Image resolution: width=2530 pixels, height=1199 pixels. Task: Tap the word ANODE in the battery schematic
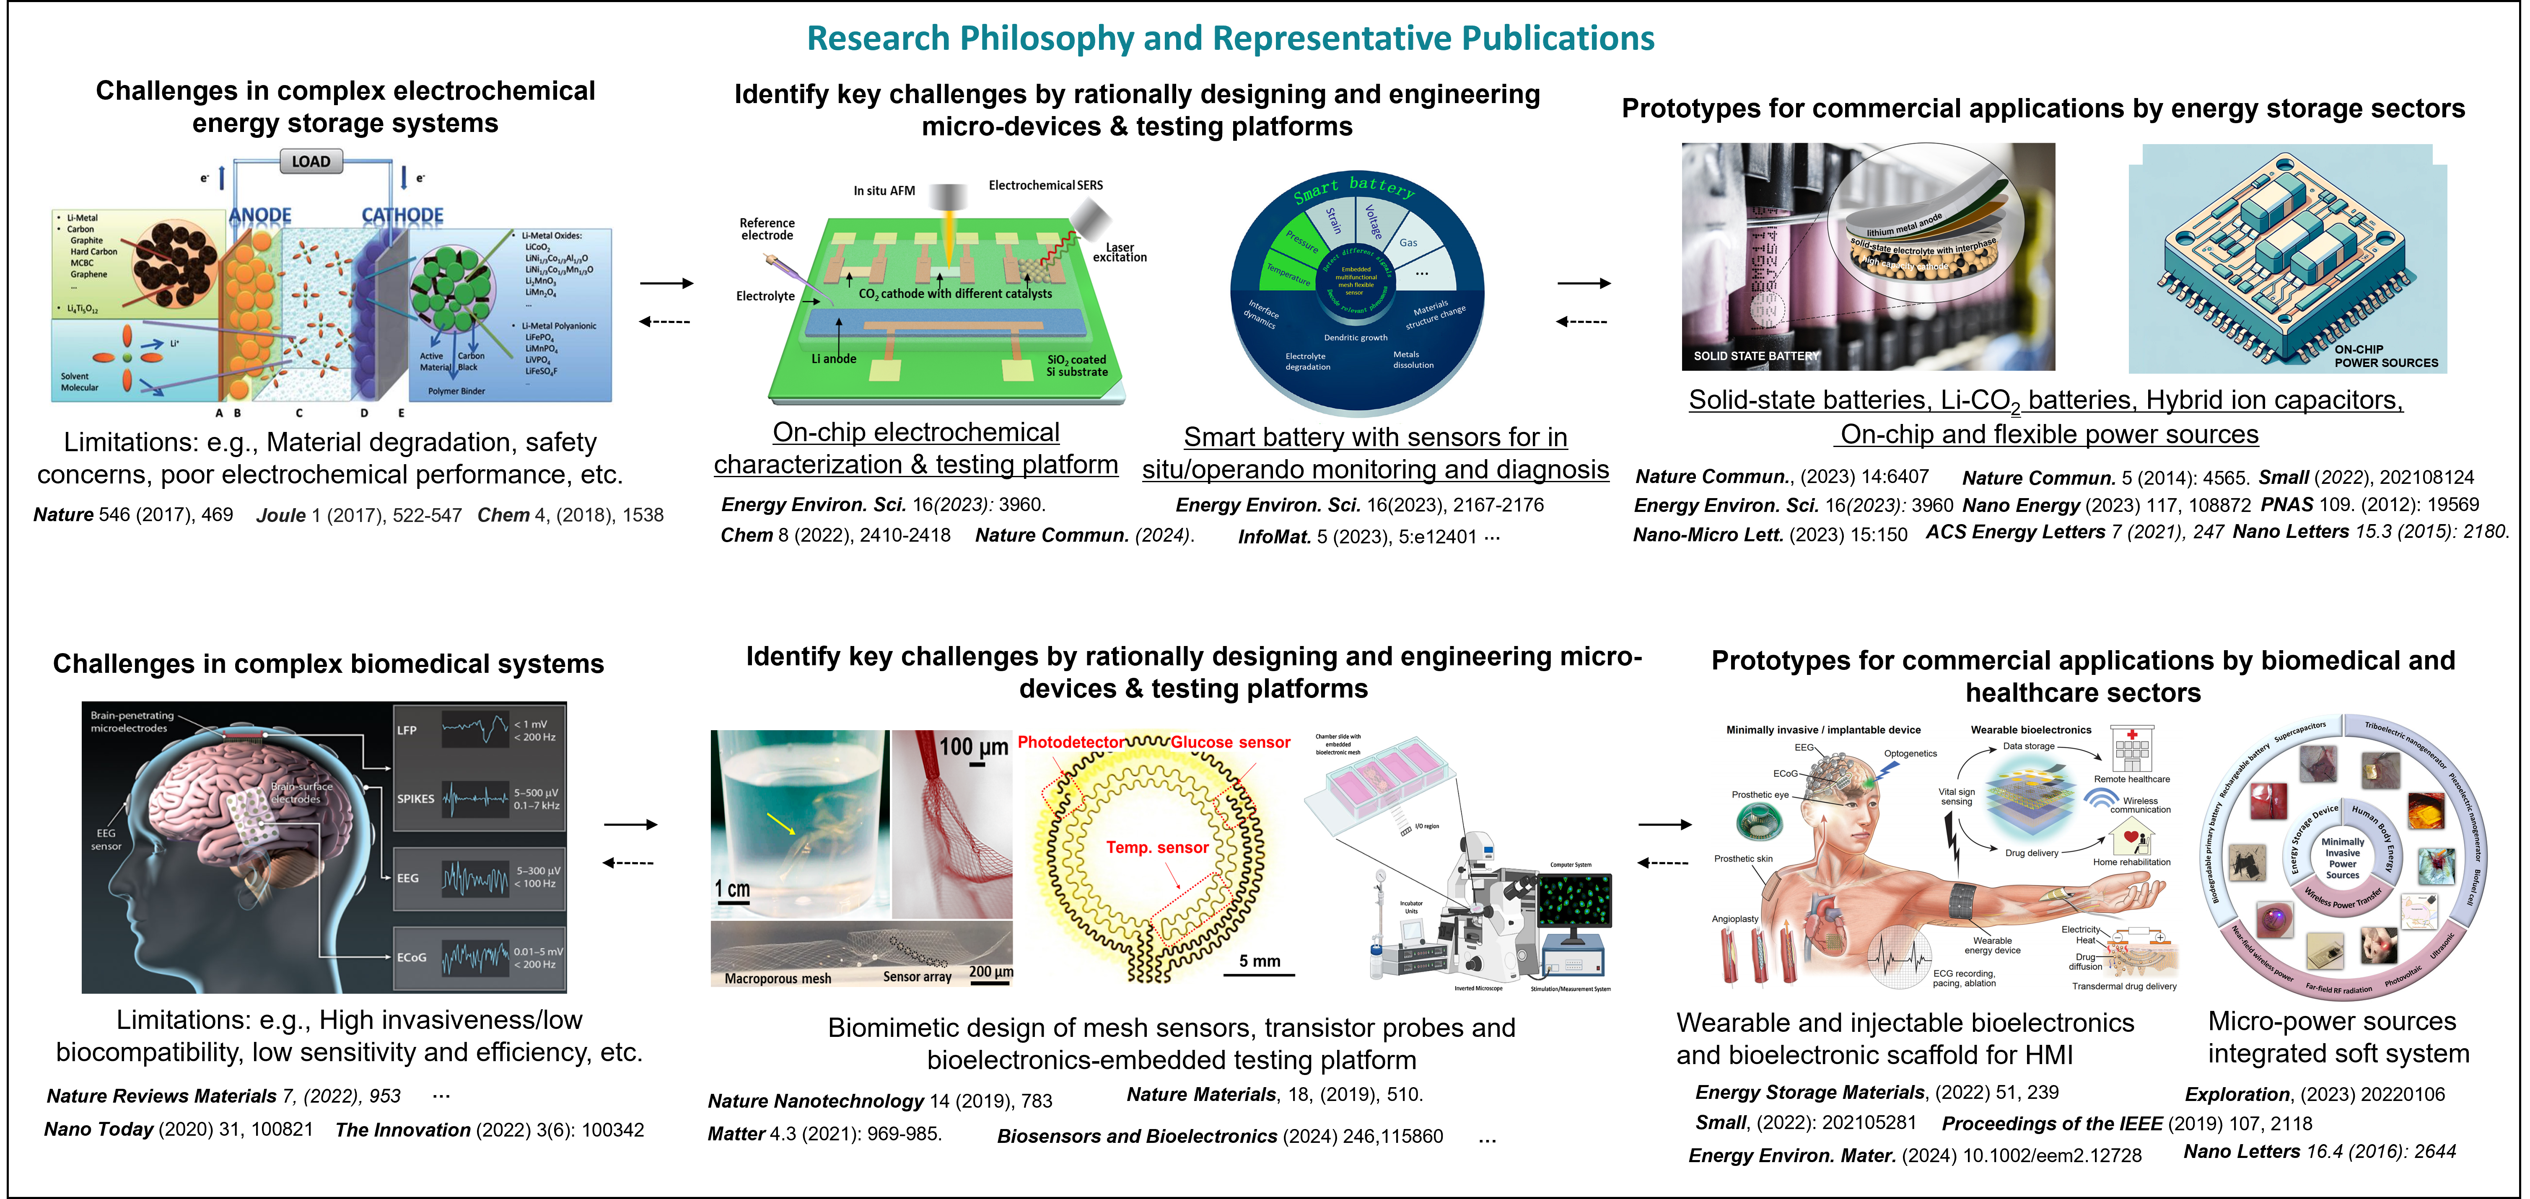click(260, 215)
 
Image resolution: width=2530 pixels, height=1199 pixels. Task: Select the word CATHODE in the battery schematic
click(403, 215)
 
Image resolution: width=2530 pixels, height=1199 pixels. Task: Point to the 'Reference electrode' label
click(767, 229)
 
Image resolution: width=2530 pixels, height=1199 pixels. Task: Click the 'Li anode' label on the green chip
click(834, 359)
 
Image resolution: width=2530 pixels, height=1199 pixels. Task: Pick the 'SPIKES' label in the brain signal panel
click(415, 798)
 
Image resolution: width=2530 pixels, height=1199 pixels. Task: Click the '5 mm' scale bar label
click(1259, 960)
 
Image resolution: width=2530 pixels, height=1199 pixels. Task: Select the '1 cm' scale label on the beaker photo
click(733, 889)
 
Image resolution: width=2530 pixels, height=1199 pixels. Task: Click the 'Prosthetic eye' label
click(1760, 794)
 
